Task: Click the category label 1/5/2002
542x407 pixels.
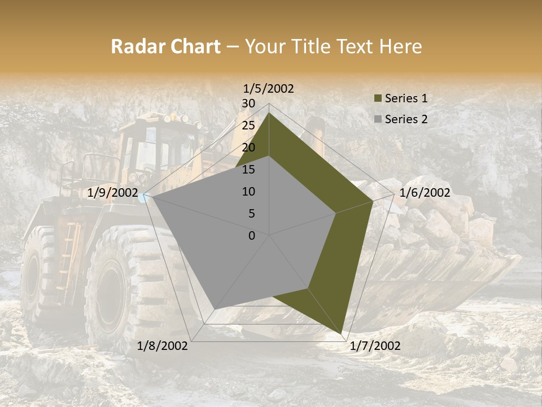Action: pos(269,89)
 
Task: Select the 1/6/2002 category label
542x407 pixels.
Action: pos(425,193)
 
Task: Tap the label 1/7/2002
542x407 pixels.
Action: pos(375,346)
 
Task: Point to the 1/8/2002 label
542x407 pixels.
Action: pos(163,346)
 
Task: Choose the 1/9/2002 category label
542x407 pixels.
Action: pos(113,193)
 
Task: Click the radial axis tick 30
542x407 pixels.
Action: pos(248,103)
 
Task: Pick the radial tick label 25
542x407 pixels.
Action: pos(248,125)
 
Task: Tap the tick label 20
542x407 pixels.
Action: pos(248,148)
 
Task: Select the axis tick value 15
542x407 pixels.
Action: pos(248,170)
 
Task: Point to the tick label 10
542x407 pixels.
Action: pos(248,192)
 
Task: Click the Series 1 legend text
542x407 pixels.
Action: pos(406,98)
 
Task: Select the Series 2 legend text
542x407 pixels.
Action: pos(406,119)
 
